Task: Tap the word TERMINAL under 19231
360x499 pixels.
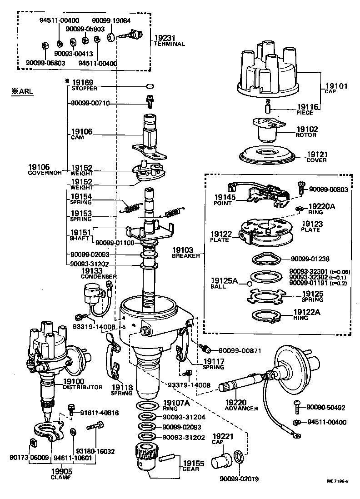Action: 169,44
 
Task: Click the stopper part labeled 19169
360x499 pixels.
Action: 150,85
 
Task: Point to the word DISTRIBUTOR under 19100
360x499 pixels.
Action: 83,387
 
